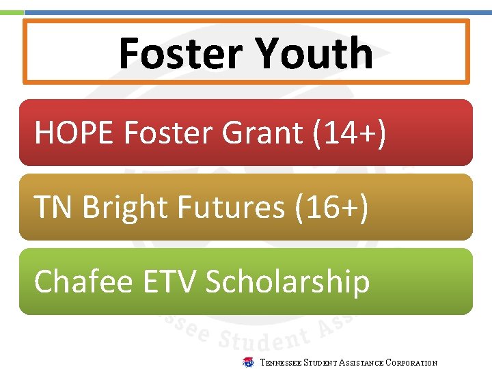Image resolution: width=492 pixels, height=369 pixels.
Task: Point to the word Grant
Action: (262, 133)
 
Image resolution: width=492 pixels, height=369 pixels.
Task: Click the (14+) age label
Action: (349, 133)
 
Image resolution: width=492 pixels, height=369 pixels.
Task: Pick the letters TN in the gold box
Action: (54, 207)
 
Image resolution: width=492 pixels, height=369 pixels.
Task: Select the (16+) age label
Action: (331, 207)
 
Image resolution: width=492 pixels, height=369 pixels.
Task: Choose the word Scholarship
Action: (288, 282)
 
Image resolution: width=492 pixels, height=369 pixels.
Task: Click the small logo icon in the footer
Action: (249, 362)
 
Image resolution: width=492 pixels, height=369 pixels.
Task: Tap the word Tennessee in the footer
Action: (282, 363)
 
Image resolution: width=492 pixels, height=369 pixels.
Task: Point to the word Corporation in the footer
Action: (411, 363)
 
